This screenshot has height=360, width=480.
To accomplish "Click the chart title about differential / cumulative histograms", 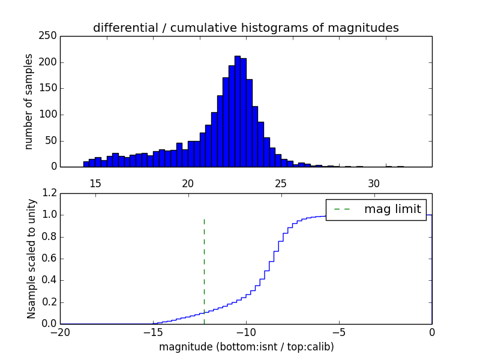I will point(245,28).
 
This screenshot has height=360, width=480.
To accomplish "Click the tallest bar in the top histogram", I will point(238,111).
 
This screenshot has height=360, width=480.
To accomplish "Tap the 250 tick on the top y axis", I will point(50,36).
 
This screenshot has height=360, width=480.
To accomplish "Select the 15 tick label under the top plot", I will point(95,184).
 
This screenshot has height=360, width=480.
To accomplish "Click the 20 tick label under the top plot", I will point(188,184).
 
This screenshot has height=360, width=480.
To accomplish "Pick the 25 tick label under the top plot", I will point(281,184).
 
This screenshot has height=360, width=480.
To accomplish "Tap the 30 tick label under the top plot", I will point(374,184).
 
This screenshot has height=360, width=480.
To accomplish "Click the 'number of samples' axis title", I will point(29,101).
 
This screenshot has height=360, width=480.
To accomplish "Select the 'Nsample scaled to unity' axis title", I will point(31,258).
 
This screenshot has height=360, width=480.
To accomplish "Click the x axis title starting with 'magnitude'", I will point(246,347).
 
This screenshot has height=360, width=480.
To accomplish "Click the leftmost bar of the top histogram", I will point(86,164).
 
